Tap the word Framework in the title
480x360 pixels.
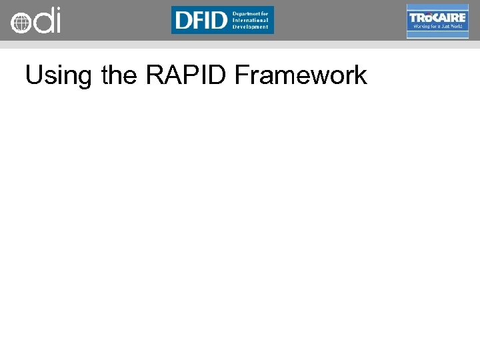(301, 75)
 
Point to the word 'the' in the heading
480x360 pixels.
(120, 75)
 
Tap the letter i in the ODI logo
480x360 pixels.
(57, 21)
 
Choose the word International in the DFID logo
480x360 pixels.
(251, 20)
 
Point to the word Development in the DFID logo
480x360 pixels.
(251, 27)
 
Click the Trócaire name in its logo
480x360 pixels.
(437, 17)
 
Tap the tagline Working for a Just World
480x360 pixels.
(437, 27)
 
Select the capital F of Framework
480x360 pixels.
(243, 75)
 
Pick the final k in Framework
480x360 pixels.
(360, 75)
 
